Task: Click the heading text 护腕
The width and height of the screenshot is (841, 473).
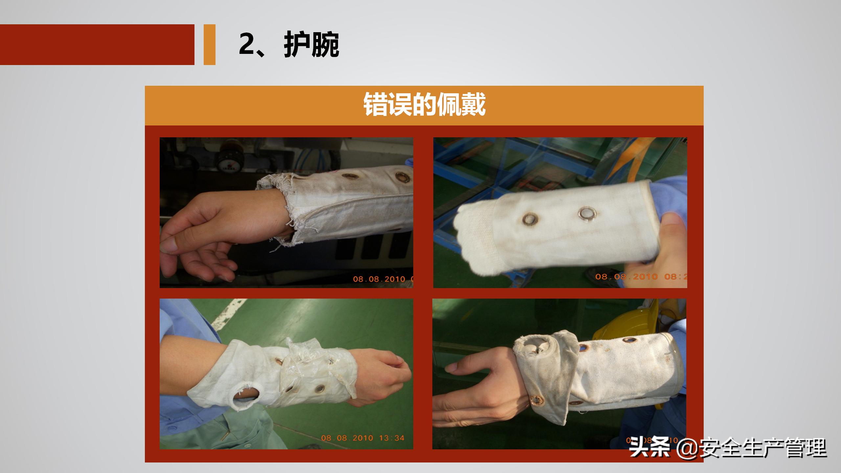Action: coord(311,45)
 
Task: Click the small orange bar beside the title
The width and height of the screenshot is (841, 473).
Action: coord(209,45)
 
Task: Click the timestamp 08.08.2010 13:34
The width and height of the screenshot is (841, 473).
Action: coord(362,438)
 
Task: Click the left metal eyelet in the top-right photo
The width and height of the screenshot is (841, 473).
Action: coord(530,219)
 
